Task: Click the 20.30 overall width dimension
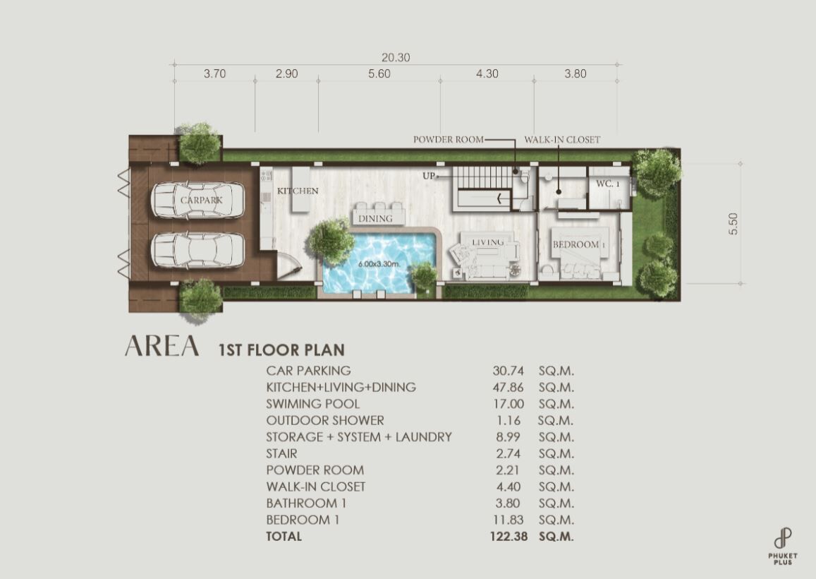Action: click(x=396, y=57)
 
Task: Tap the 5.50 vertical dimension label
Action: click(x=733, y=224)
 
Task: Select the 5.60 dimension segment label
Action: click(x=379, y=73)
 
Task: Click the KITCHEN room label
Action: click(x=298, y=191)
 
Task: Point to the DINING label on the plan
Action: click(x=375, y=218)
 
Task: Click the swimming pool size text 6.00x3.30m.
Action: click(x=379, y=263)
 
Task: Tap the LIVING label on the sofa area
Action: click(x=487, y=241)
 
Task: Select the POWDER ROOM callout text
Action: click(x=448, y=140)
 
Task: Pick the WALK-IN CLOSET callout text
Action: click(x=562, y=140)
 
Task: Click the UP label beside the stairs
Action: click(x=429, y=176)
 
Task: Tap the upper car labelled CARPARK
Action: click(x=197, y=200)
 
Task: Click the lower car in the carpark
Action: click(x=197, y=250)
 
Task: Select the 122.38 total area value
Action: click(x=509, y=536)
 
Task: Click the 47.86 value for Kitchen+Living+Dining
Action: click(x=508, y=387)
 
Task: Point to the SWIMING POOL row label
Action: click(x=312, y=404)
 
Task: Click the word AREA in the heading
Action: click(x=162, y=346)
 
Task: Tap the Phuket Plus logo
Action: click(x=783, y=547)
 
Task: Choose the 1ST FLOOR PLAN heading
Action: click(x=281, y=350)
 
